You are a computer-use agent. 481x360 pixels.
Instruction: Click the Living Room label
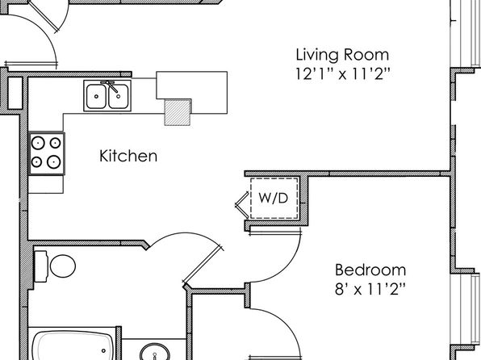point(342,55)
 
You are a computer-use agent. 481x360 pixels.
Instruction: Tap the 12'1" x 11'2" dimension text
point(343,73)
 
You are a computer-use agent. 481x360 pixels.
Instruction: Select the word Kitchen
point(128,156)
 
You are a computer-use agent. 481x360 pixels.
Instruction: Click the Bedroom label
point(370,270)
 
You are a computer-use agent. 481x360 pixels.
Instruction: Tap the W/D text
point(274,198)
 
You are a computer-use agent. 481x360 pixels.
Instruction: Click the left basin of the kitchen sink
point(96,96)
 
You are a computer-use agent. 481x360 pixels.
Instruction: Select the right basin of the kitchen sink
point(119,96)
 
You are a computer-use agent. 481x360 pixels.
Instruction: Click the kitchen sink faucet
point(111,86)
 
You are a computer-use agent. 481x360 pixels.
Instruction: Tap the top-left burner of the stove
point(39,143)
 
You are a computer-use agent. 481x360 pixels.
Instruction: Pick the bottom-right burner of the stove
point(54,161)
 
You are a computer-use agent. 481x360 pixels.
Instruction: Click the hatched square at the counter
point(178,112)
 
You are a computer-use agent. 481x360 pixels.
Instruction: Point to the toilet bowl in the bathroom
point(63,266)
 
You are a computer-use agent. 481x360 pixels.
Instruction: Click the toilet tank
point(40,266)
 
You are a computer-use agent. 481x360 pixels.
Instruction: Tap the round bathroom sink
point(155,352)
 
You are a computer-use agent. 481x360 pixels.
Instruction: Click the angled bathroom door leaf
point(203,264)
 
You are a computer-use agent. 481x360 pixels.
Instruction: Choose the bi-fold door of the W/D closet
point(242,205)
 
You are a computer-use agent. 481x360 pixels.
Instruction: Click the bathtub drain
point(104,350)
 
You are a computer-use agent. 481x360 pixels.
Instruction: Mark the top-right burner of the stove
point(55,143)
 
